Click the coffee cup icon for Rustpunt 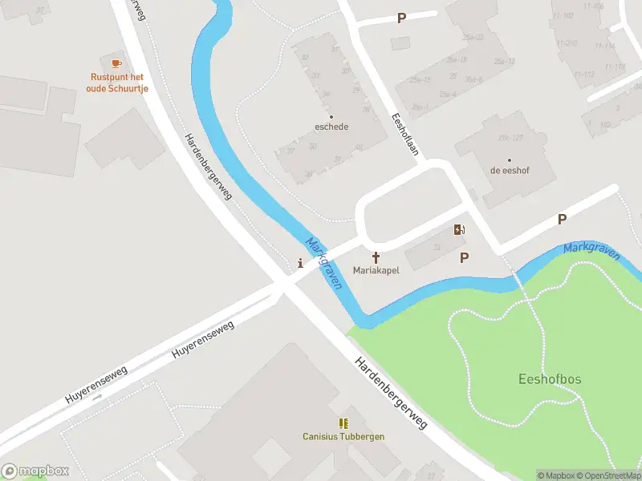(116, 62)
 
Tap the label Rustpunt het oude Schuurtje (116, 82)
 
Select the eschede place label (331, 127)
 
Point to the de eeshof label (509, 171)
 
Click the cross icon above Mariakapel (376, 257)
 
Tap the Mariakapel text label (376, 270)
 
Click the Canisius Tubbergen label (343, 437)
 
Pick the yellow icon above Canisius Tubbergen (343, 423)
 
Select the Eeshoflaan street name (404, 135)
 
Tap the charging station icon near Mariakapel (459, 230)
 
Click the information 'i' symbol (300, 262)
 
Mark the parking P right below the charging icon (464, 257)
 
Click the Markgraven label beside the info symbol (324, 264)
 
